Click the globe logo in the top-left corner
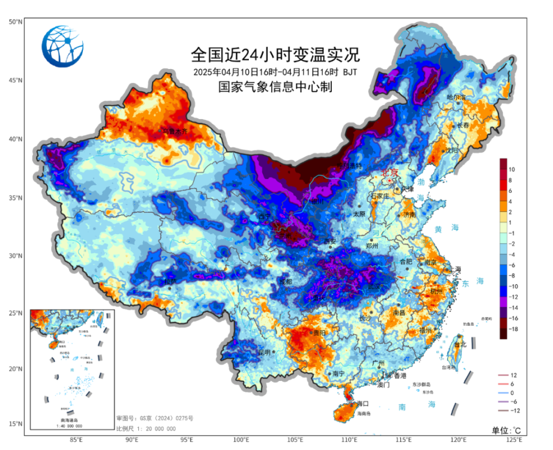(62, 47)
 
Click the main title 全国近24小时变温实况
(275, 55)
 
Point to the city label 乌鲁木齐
(175, 132)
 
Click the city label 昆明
(264, 352)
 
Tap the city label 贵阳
(319, 333)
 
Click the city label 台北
(460, 345)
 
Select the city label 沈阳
(452, 150)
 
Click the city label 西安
(329, 241)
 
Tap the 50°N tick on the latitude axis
(15, 22)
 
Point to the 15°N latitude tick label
(15, 424)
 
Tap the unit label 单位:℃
(506, 430)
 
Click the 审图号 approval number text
(155, 418)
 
